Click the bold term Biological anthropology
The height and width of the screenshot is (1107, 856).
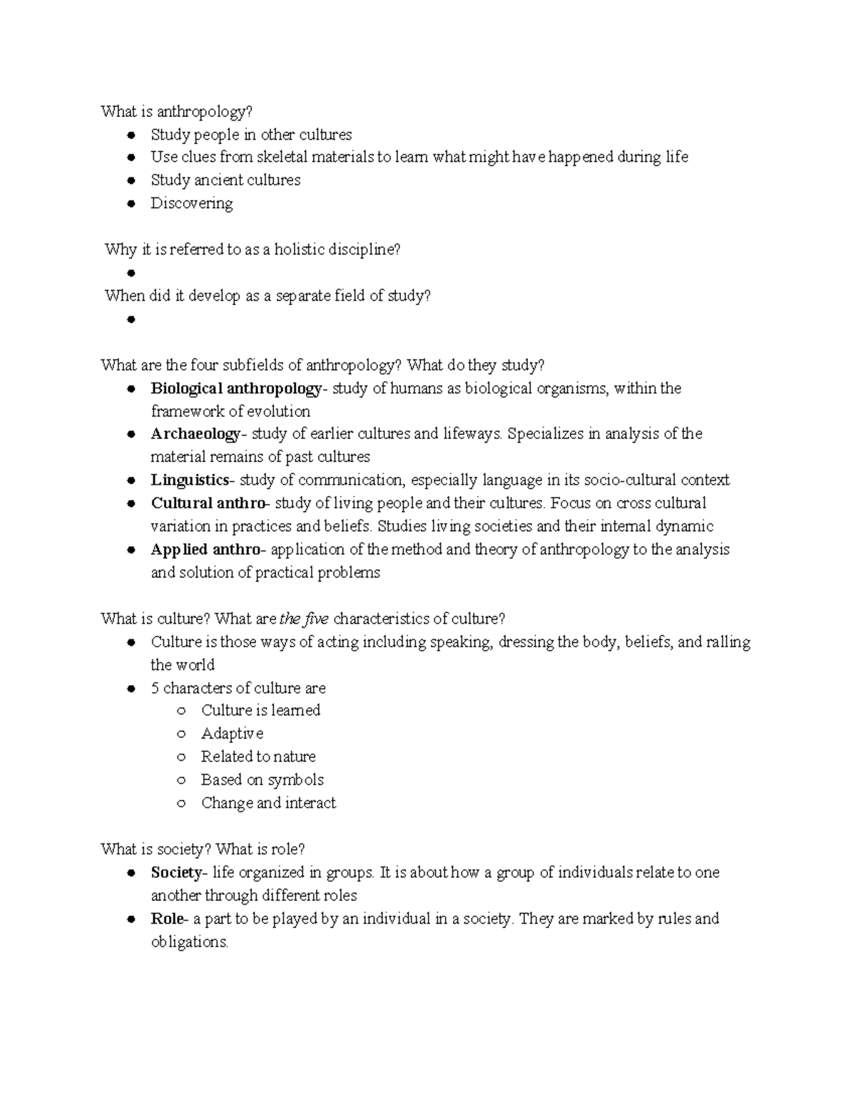click(236, 388)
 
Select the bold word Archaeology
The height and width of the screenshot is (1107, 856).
click(195, 434)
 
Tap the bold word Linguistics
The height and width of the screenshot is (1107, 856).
click(190, 480)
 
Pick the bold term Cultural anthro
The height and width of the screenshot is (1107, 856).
click(208, 503)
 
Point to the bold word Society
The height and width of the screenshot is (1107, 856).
click(176, 872)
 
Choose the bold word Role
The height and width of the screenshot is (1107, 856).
click(167, 919)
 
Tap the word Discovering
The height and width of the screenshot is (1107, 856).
click(191, 204)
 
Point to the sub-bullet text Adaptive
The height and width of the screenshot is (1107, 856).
click(232, 733)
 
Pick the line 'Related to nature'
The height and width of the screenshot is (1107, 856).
click(258, 757)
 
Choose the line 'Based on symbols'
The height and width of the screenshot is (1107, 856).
click(262, 780)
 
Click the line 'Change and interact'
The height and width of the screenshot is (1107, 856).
click(268, 803)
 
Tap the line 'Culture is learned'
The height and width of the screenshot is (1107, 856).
click(260, 711)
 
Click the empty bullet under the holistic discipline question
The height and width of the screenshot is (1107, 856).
click(130, 273)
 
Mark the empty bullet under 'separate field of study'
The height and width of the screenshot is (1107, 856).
click(130, 319)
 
